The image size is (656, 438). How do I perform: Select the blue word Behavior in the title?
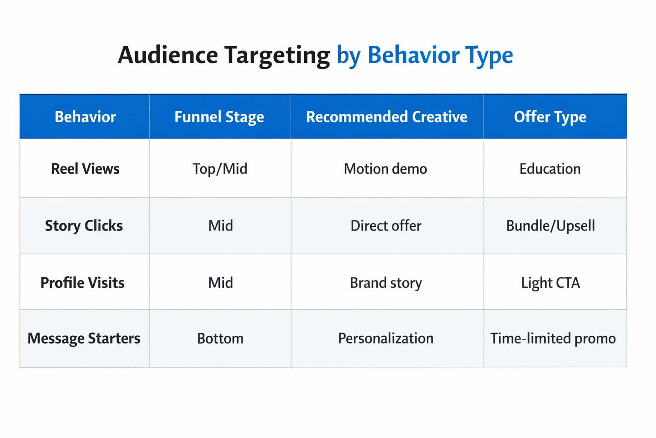coord(413,55)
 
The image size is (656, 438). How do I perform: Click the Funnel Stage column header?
coord(219,117)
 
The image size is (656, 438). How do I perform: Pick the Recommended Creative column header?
coord(387,117)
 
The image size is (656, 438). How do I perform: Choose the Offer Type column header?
coord(550,117)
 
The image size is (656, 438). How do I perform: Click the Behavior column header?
coord(85,117)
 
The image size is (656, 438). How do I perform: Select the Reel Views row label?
coord(85,169)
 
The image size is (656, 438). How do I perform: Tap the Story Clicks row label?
coord(84,225)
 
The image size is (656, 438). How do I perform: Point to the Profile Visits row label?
coord(82,283)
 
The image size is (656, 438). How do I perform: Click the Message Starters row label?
coord(84,338)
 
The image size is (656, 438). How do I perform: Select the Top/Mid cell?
coord(220,169)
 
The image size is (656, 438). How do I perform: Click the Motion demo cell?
coord(385,169)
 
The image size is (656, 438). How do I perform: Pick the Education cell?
coord(550,169)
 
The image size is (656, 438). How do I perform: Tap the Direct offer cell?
coord(386,225)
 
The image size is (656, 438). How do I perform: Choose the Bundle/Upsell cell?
coord(550,225)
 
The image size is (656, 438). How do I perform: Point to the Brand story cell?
coord(386,283)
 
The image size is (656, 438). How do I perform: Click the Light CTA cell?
coord(550,283)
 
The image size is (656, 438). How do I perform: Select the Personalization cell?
coord(385,338)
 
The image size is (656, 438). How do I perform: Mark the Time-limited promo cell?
coord(553,338)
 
